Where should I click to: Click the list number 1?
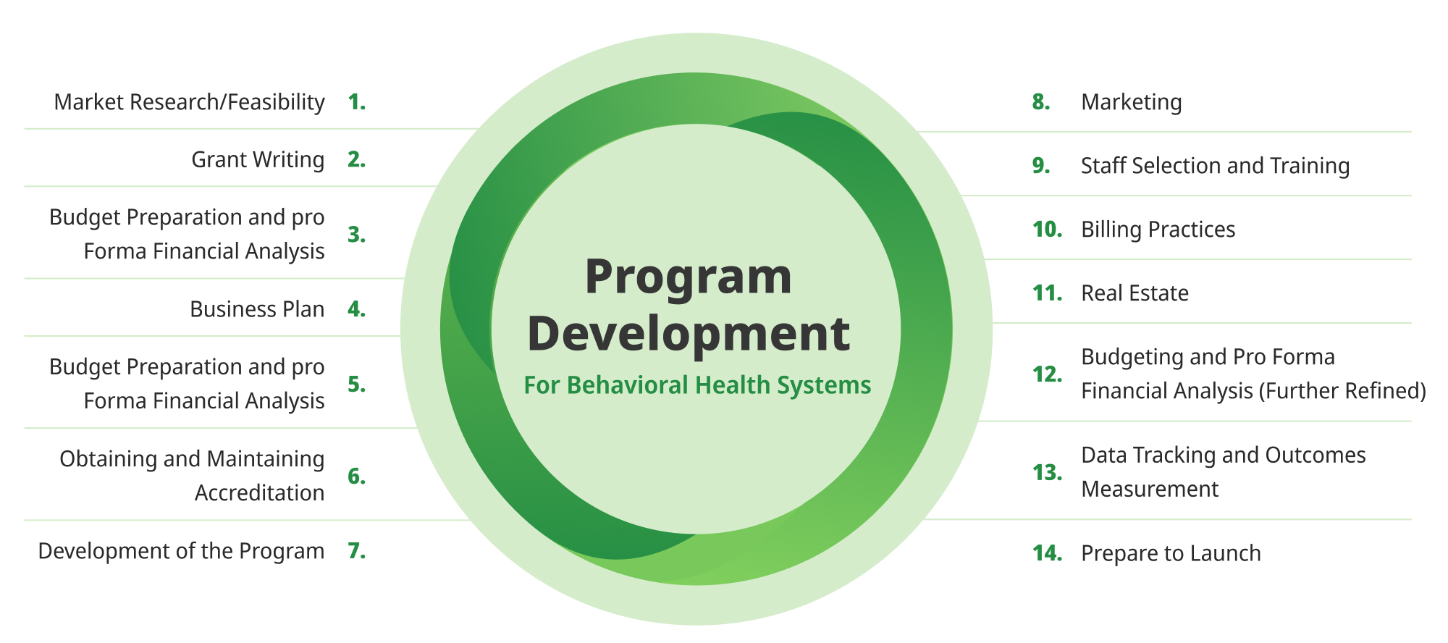(356, 102)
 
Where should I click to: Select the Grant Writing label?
(258, 159)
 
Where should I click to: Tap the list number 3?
(356, 235)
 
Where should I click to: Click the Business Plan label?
(257, 309)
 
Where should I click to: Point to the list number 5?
(356, 384)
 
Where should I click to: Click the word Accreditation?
(259, 493)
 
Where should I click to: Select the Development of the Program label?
(181, 551)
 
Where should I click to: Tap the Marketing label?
(1132, 102)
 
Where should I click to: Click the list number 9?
(1041, 166)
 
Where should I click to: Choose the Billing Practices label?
(1158, 230)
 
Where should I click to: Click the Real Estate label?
(1135, 293)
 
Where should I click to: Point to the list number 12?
(1048, 374)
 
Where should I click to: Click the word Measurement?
(1150, 489)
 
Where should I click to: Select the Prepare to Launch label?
(1171, 553)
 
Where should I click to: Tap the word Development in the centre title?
(689, 335)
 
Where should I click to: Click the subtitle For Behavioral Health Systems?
(697, 385)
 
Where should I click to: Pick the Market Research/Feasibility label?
(189, 102)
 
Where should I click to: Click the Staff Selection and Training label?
(1216, 166)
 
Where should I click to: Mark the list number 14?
(1048, 553)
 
